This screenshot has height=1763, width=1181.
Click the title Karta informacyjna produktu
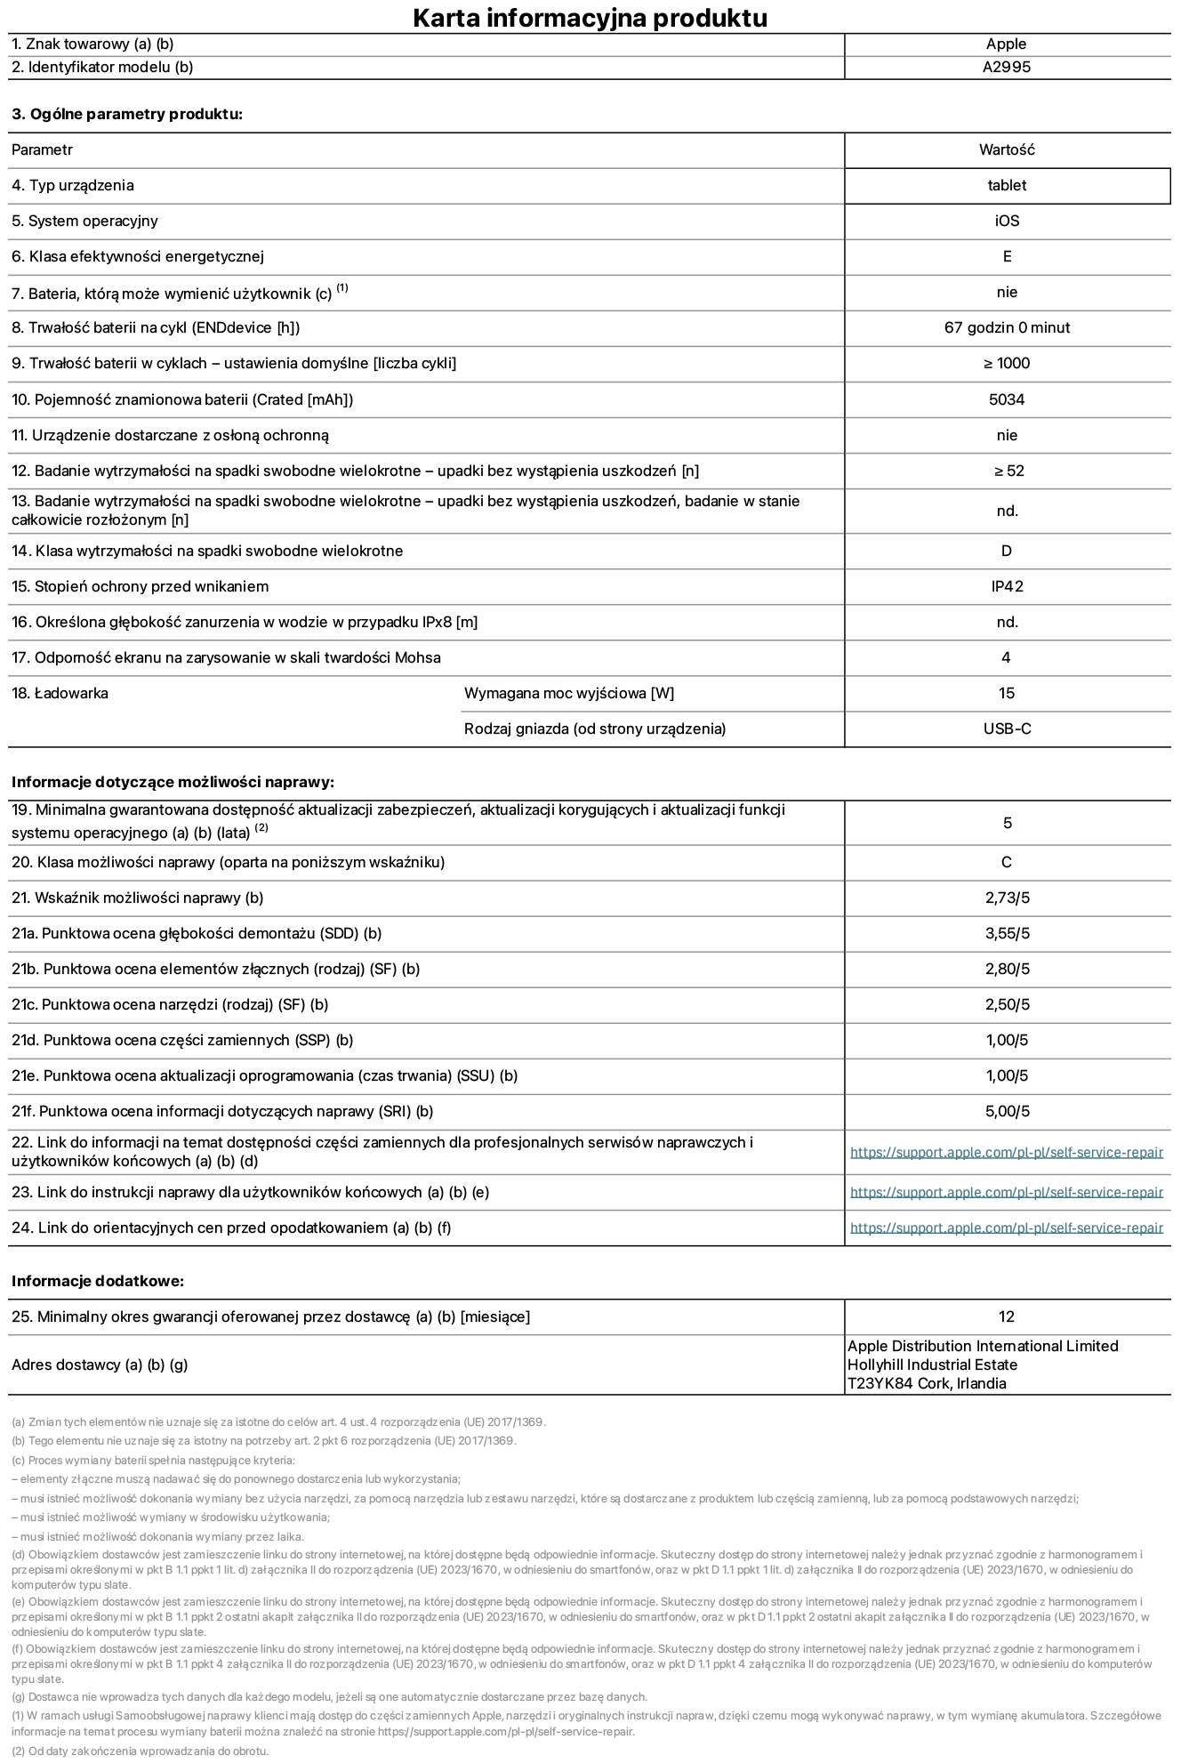590,18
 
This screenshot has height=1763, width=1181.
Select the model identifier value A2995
1007,68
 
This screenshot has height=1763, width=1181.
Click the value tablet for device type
1007,186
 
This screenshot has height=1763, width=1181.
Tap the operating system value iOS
1007,221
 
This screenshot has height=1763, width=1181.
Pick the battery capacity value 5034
1007,400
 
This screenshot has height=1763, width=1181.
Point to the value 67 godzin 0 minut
1007,328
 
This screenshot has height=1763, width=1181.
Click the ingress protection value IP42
1007,587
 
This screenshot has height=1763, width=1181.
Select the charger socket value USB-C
1007,729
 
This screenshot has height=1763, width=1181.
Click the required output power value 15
1007,694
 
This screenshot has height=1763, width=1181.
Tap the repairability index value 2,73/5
1007,898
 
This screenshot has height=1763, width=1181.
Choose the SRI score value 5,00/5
1007,1112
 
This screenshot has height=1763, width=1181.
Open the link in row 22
1007,1153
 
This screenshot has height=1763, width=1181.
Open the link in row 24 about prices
1007,1228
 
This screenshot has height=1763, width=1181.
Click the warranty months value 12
1007,1317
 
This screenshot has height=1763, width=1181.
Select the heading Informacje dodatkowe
98,1282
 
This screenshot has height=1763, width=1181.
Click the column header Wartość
1007,150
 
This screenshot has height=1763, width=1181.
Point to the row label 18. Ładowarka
60,694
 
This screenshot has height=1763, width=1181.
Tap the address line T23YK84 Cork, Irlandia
927,1384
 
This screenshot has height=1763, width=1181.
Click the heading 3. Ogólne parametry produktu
127,115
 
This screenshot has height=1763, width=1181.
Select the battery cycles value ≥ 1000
1007,364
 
